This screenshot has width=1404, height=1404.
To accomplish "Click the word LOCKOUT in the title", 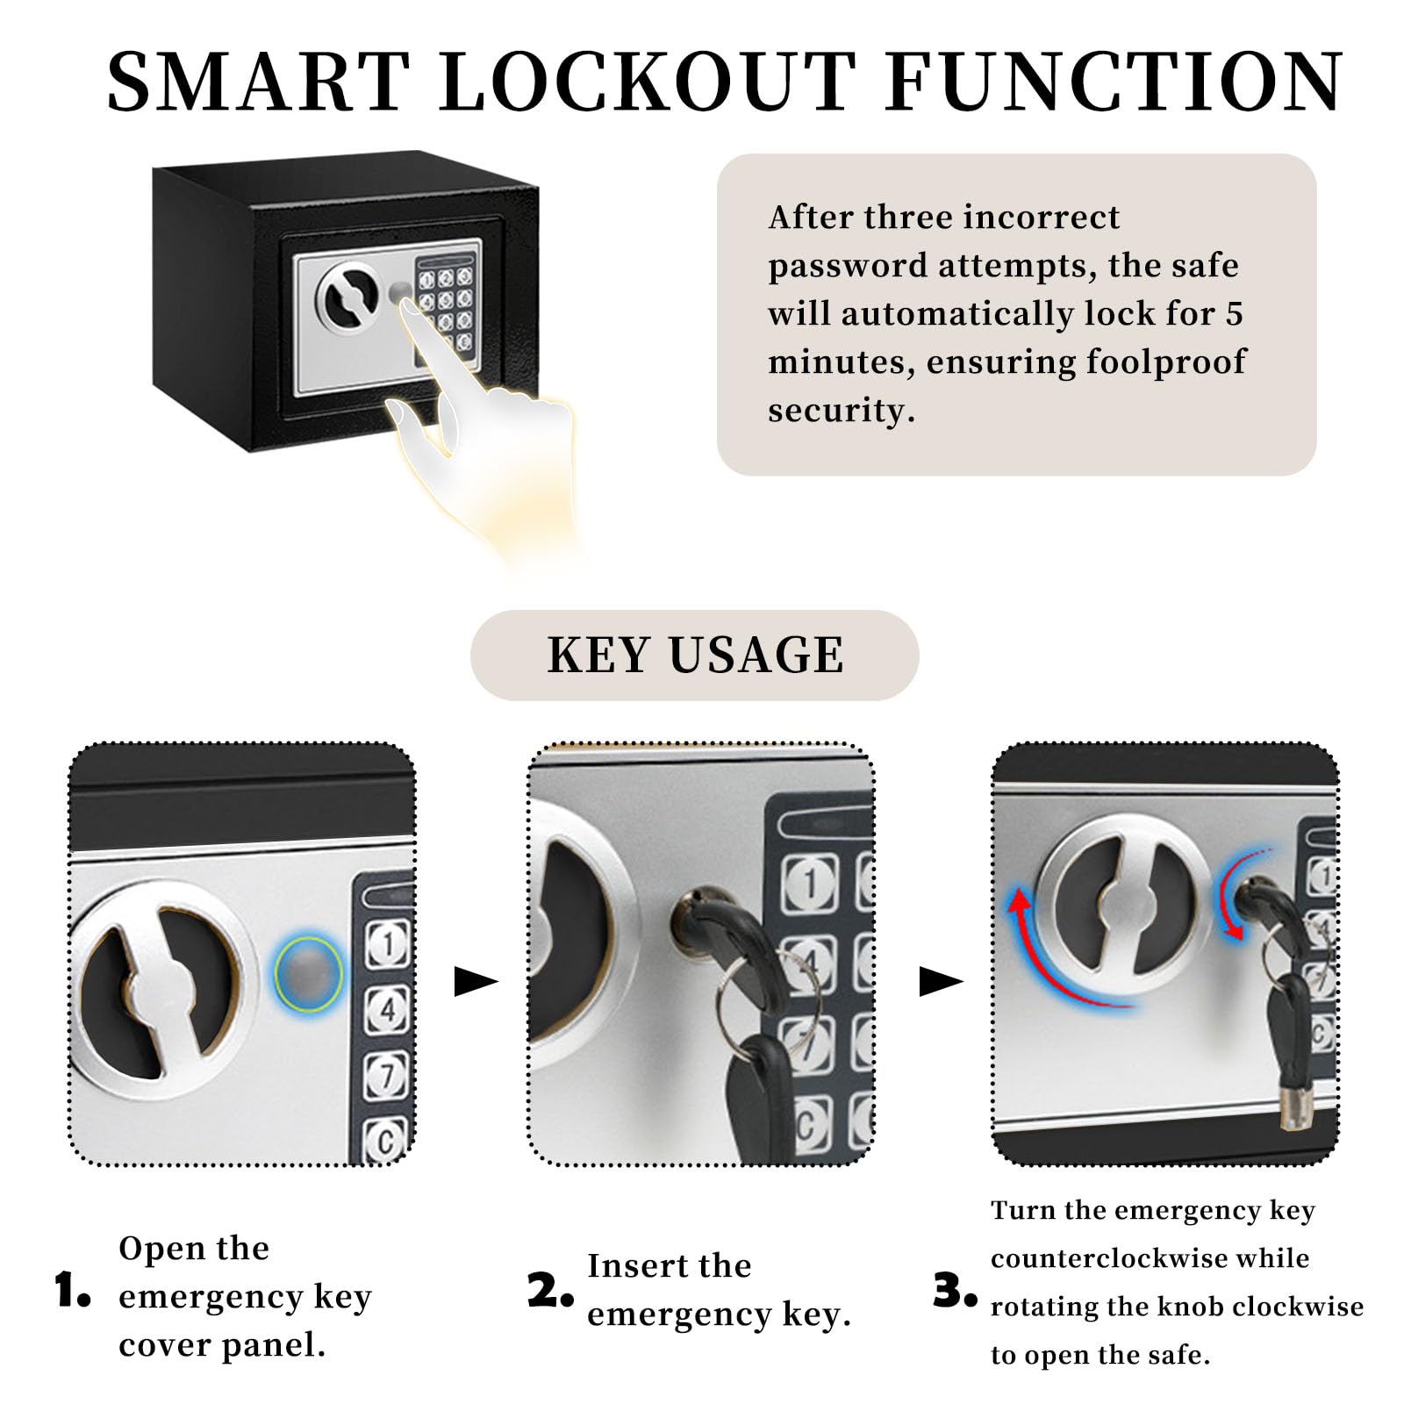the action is (648, 82).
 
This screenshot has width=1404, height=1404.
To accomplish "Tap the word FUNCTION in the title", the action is (1114, 82).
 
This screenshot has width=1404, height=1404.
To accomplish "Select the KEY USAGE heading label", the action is (695, 655).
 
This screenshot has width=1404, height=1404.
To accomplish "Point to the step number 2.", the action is (550, 1291).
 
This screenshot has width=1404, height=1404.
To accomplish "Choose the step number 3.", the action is (955, 1291).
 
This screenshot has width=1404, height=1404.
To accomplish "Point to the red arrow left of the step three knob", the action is (1053, 956).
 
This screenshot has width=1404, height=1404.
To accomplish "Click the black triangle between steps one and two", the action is (475, 982).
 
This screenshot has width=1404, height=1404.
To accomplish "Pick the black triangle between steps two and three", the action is (940, 982).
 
